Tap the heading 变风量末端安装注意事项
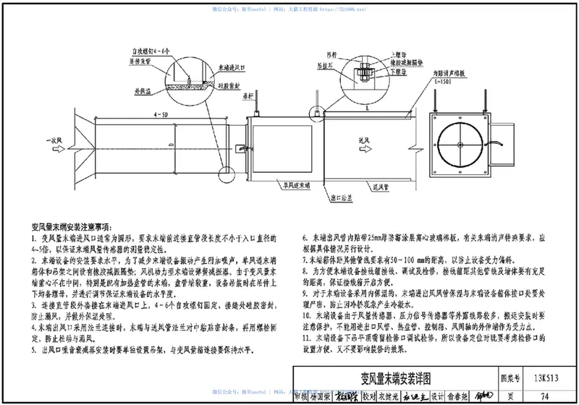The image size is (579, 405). pos(81,227)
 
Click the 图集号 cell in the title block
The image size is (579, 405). pos(512,378)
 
